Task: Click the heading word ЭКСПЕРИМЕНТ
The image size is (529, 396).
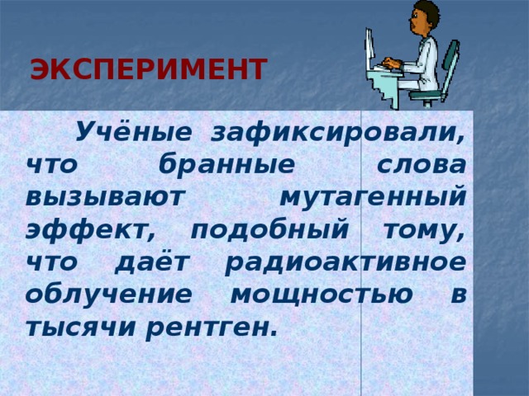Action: click(x=148, y=70)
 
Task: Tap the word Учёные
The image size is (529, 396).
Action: click(x=135, y=133)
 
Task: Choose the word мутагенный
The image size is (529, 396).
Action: click(x=373, y=197)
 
